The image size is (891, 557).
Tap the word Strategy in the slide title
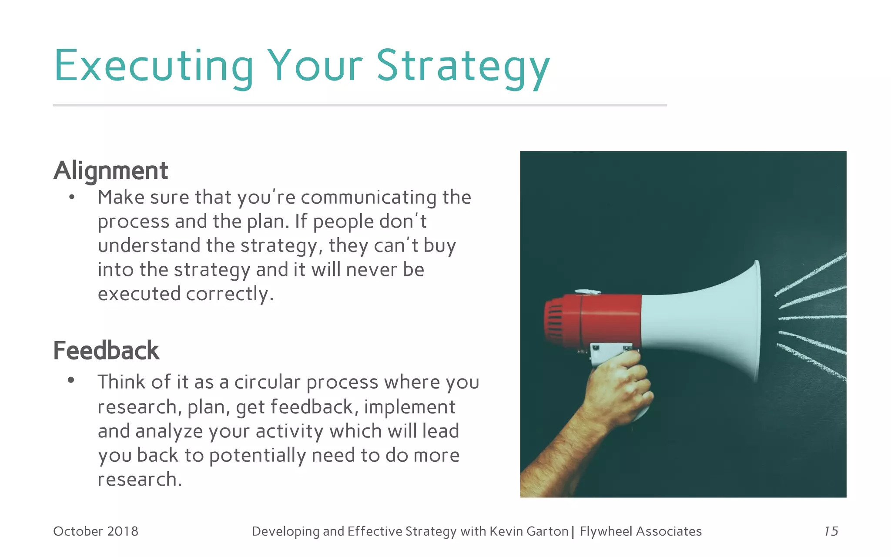(463, 66)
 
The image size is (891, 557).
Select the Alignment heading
(111, 171)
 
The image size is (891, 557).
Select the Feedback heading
(106, 351)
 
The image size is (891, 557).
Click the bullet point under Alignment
(72, 198)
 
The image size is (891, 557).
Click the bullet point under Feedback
(71, 381)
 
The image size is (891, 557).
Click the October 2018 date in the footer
(96, 531)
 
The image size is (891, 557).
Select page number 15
(831, 531)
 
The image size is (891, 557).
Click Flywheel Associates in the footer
(640, 531)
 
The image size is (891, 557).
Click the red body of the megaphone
(609, 320)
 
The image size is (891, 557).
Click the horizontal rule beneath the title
(359, 105)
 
